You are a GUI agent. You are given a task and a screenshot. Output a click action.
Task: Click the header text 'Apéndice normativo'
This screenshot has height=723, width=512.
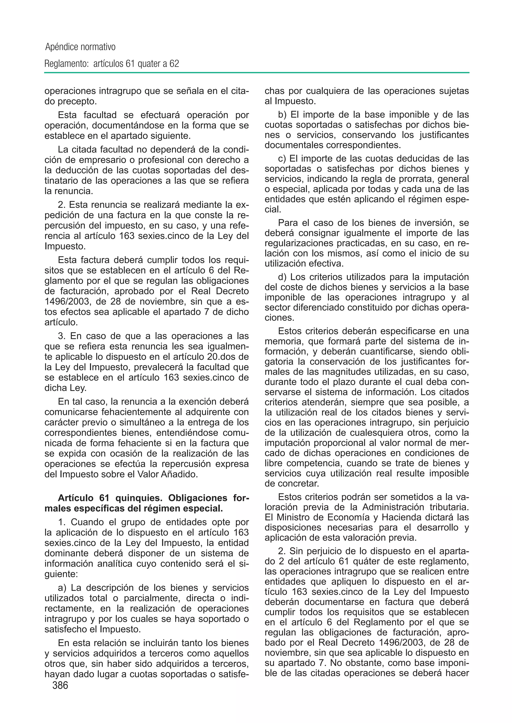[80, 47]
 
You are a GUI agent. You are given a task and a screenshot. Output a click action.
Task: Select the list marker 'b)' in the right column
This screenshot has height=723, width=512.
[282, 114]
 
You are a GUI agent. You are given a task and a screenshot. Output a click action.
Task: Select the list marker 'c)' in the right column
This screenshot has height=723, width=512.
[282, 158]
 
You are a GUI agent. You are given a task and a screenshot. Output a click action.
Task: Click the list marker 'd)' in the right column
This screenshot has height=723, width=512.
[282, 277]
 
